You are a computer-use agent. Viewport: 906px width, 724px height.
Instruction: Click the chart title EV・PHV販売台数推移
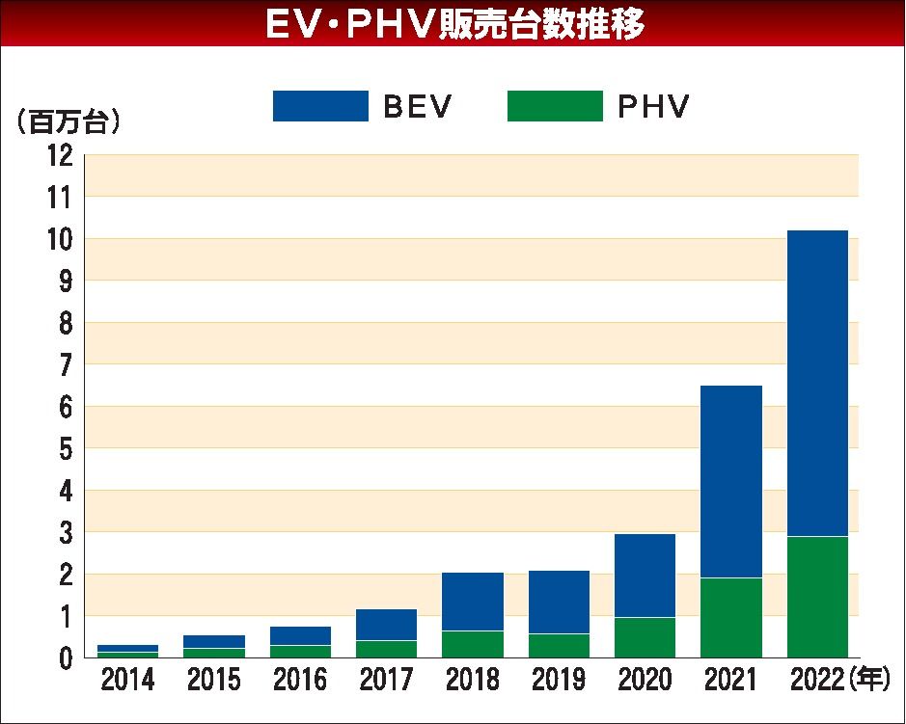point(453,24)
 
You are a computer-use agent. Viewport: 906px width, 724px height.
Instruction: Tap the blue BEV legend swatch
point(320,106)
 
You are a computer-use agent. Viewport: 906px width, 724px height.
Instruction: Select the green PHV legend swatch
point(555,106)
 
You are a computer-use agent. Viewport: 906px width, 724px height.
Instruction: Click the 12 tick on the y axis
point(60,155)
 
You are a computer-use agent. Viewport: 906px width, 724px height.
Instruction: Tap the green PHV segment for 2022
point(817,597)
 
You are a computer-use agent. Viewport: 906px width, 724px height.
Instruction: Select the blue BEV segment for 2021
point(731,481)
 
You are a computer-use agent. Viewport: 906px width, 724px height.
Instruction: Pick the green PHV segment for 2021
point(731,617)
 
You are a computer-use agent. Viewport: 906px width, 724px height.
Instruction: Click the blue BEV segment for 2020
point(645,575)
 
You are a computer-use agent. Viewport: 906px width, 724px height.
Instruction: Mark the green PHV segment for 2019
point(559,645)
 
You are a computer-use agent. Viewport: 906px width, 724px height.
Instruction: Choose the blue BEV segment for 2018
point(473,602)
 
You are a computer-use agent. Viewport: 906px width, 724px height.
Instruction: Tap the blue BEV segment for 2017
point(387,625)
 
